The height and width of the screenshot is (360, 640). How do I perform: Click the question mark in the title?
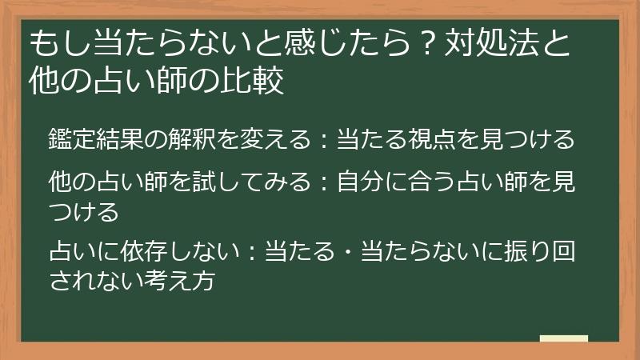click(427, 43)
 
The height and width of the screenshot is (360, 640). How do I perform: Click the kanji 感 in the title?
click(300, 43)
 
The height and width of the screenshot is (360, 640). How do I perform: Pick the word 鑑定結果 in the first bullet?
click(96, 139)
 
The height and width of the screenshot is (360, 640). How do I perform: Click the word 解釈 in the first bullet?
click(192, 139)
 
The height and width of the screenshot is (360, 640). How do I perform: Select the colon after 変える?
click(325, 140)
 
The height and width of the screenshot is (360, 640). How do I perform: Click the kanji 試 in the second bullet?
click(204, 182)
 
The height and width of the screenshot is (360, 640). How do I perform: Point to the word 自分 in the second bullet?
click(360, 182)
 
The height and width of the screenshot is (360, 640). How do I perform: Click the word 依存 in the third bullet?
click(144, 250)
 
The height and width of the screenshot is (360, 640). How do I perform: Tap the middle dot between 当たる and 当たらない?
click(349, 251)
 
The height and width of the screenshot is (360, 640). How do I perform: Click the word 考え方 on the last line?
click(180, 280)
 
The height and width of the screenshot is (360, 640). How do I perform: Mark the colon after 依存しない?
click(253, 251)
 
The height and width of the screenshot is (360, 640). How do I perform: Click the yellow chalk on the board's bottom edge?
click(564, 338)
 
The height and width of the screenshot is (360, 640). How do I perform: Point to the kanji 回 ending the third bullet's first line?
click(564, 250)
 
